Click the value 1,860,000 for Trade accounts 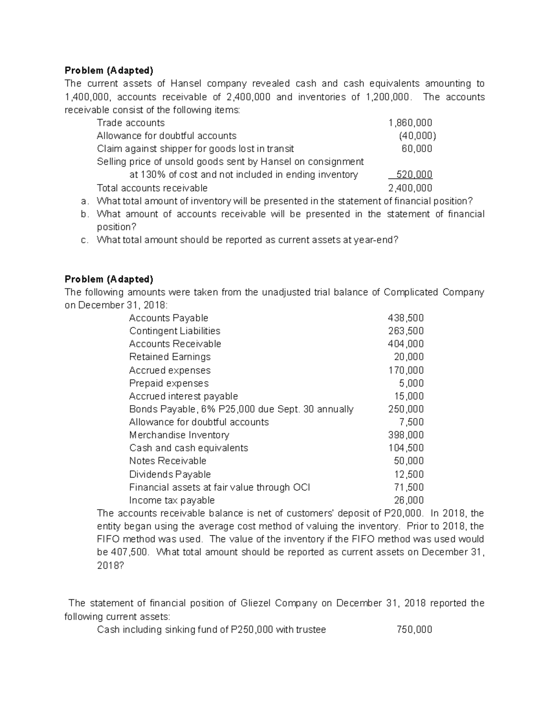pyautogui.click(x=410, y=123)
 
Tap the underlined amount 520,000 pyautogui.click(x=414, y=174)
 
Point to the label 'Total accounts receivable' pyautogui.click(x=152, y=188)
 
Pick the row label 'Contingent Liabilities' pyautogui.click(x=175, y=331)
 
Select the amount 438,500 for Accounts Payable pyautogui.click(x=406, y=318)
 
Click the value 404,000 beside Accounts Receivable pyautogui.click(x=406, y=344)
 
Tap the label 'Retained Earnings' pyautogui.click(x=170, y=357)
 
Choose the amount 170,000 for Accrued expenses pyautogui.click(x=406, y=370)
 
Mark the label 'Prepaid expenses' pyautogui.click(x=169, y=383)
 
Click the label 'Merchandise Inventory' pyautogui.click(x=179, y=435)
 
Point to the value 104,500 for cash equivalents pyautogui.click(x=406, y=448)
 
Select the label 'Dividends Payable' pyautogui.click(x=170, y=474)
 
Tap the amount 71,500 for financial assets pyautogui.click(x=409, y=487)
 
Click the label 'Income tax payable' pyautogui.click(x=171, y=500)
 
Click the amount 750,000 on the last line pyautogui.click(x=414, y=630)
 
